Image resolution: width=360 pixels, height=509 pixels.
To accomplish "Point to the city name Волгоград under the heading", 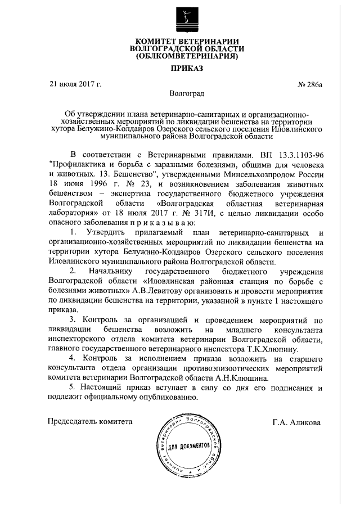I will point(186,92).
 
